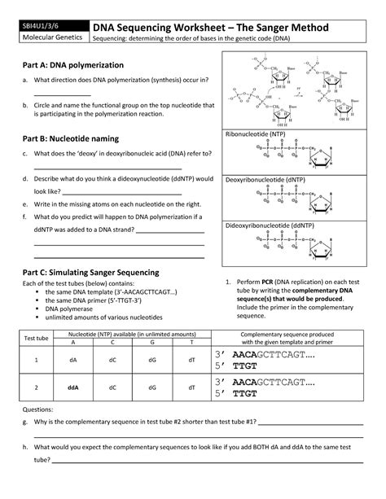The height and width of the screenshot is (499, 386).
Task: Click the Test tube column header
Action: pos(36,339)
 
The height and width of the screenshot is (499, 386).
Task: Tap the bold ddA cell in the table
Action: pos(73,387)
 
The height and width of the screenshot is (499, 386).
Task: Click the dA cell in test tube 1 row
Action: pos(73,359)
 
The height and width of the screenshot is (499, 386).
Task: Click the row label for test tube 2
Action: pos(36,387)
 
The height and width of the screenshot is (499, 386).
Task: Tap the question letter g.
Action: pos(25,423)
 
